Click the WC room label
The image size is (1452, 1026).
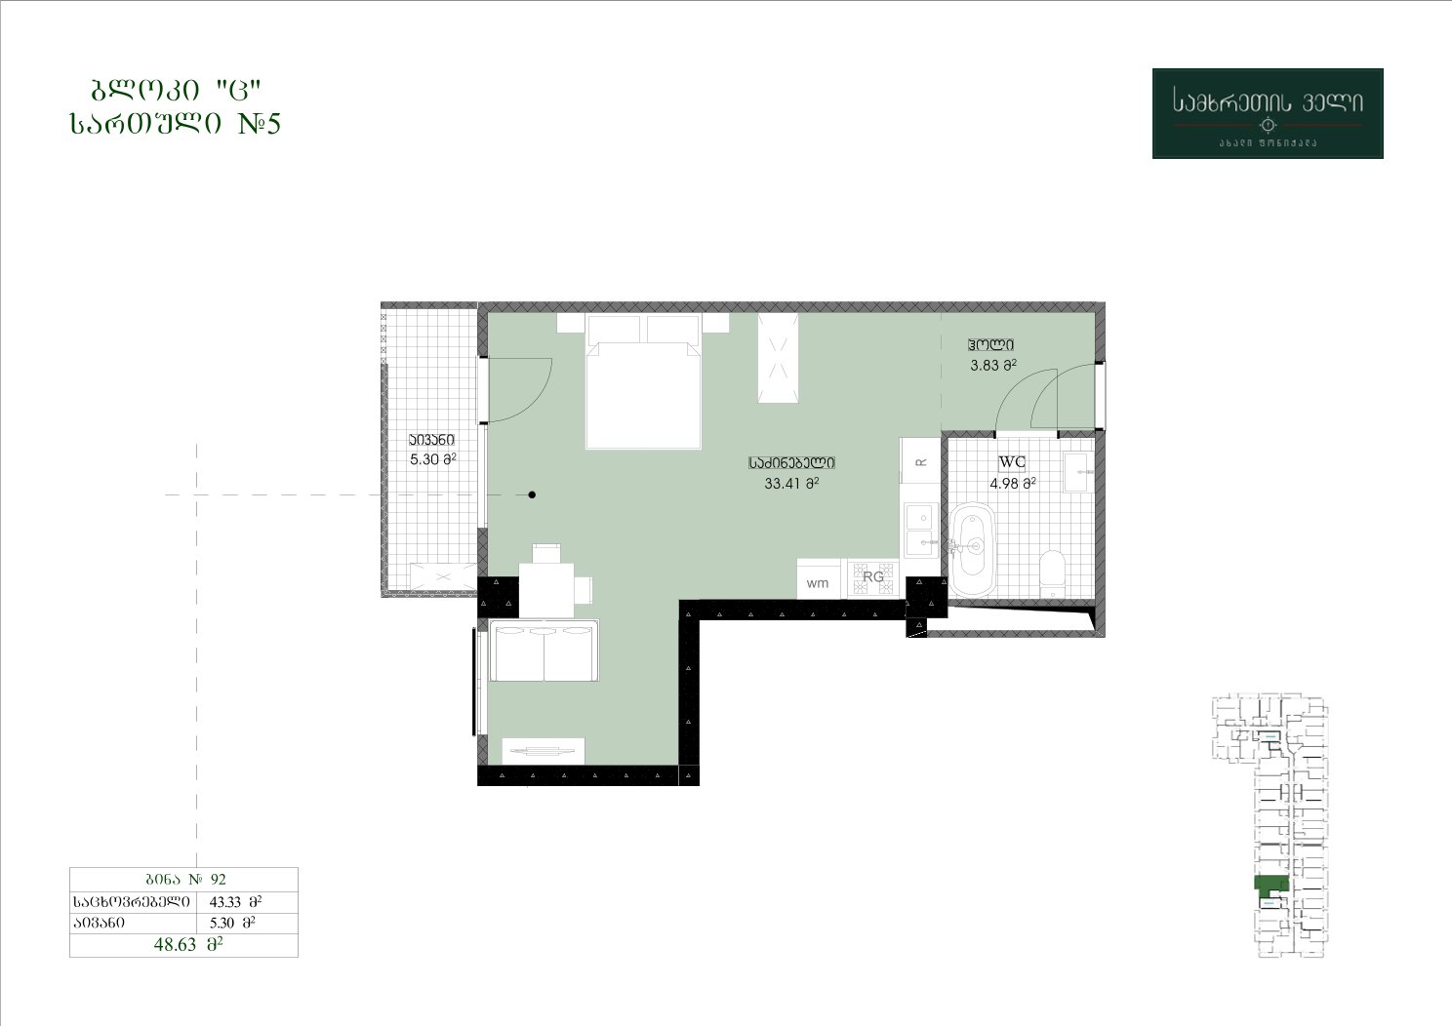tap(1012, 462)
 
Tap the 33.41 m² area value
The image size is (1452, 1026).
tap(791, 483)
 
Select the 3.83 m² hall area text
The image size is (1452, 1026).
tap(993, 366)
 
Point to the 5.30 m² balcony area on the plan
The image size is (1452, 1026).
tap(433, 460)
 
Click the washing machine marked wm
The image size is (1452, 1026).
tap(819, 579)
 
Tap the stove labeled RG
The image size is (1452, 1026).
tap(873, 578)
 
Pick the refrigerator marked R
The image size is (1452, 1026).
tap(920, 460)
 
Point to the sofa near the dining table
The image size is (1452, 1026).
tap(544, 651)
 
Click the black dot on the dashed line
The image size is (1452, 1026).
tap(532, 494)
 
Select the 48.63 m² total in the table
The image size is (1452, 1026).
tap(188, 944)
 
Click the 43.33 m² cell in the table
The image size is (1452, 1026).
tap(235, 901)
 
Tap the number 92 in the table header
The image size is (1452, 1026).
tap(219, 879)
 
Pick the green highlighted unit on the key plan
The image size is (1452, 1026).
tap(1271, 885)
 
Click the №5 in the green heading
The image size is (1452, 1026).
tap(260, 123)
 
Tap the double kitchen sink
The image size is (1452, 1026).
tap(920, 530)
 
